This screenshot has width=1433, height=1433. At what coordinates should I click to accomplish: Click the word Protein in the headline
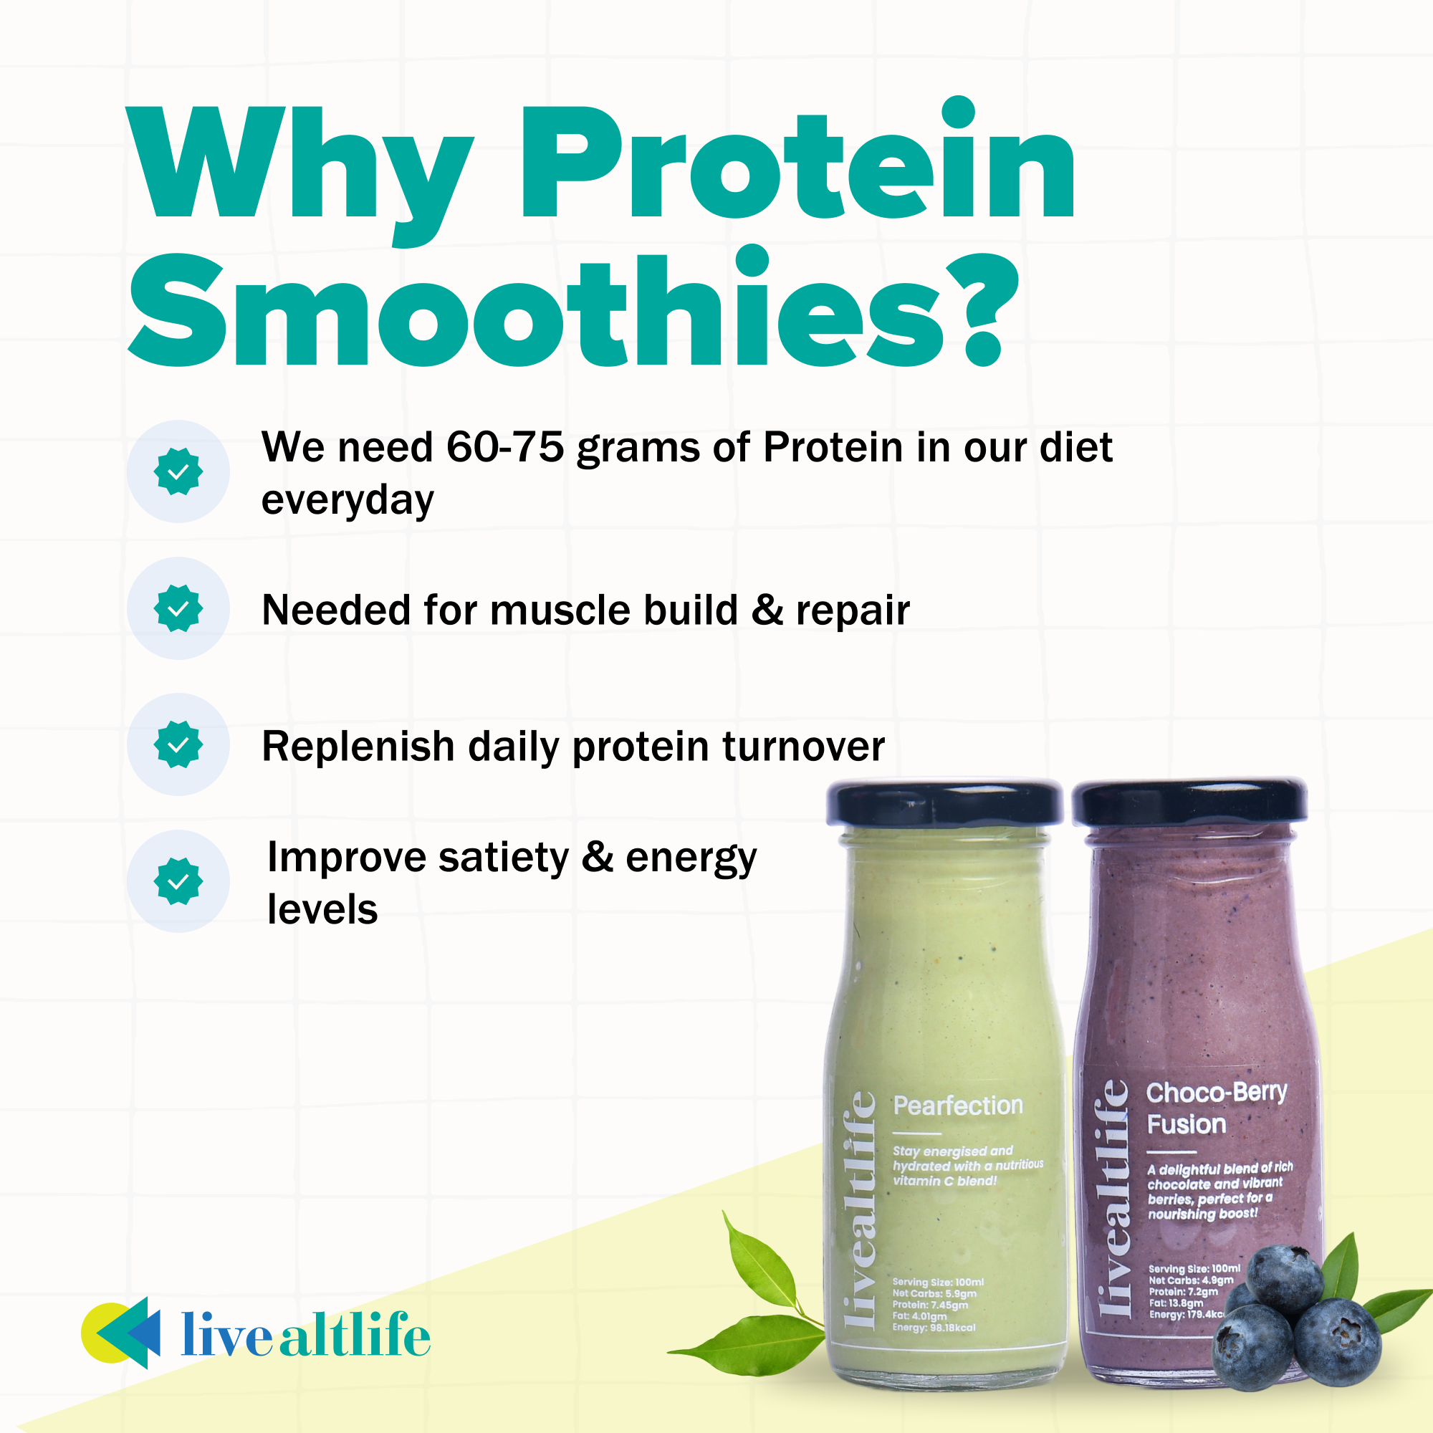click(x=797, y=163)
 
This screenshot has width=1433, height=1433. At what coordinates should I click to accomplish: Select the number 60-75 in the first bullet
click(x=504, y=448)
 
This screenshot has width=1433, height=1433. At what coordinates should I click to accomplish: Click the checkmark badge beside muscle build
click(x=178, y=608)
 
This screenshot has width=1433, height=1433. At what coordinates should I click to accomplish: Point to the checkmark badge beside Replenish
click(x=178, y=744)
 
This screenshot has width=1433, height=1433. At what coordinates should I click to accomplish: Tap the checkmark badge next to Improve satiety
click(x=178, y=881)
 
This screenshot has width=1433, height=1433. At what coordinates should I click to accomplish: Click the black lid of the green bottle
click(x=944, y=802)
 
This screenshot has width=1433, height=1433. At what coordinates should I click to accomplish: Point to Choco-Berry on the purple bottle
click(x=1217, y=1093)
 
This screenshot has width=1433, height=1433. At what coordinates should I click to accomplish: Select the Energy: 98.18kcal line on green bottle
click(x=934, y=1327)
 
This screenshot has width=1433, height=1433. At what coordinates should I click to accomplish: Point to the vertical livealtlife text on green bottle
click(x=861, y=1209)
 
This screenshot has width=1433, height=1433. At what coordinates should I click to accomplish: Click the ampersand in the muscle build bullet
click(x=767, y=610)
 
